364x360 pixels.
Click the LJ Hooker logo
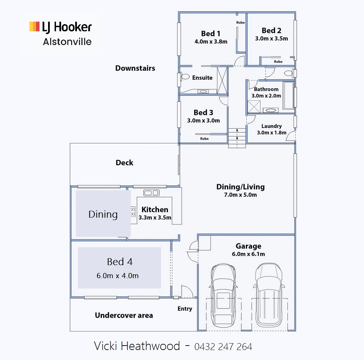(60, 27)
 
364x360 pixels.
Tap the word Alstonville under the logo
(67, 42)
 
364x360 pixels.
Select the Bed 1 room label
(211, 33)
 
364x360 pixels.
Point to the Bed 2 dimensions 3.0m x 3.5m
(271, 39)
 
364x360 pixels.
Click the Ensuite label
(202, 78)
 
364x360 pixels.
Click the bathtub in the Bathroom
(288, 95)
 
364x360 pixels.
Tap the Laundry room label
(271, 126)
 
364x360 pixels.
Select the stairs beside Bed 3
(237, 138)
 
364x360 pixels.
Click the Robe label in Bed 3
(204, 139)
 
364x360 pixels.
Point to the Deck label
(124, 163)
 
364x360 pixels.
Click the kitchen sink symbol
(151, 193)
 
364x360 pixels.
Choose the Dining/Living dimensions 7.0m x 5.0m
(240, 195)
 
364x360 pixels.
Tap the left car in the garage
(224, 296)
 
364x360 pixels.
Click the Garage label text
(248, 246)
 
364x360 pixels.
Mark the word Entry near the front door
(185, 309)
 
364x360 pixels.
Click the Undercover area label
(124, 315)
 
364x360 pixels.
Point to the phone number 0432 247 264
(223, 347)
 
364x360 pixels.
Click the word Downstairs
(135, 68)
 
